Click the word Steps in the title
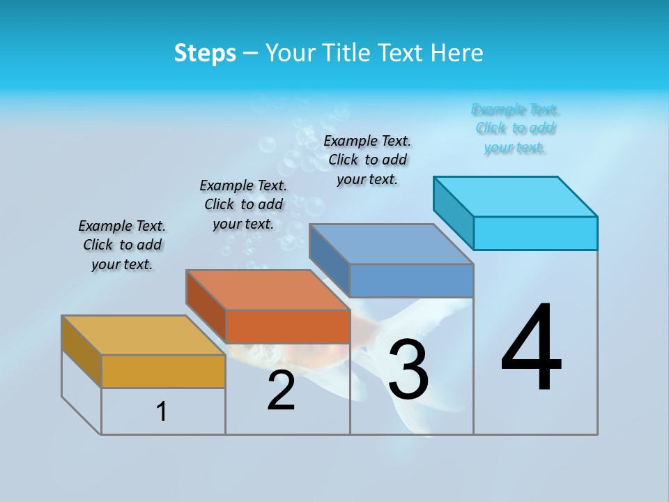click(x=205, y=53)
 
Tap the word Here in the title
click(x=458, y=53)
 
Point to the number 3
click(x=408, y=370)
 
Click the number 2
click(x=282, y=390)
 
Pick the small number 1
click(x=162, y=411)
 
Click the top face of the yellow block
click(x=143, y=335)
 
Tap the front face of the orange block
click(x=288, y=326)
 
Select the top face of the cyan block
click(x=516, y=197)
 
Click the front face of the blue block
click(x=411, y=280)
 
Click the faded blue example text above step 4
click(x=515, y=128)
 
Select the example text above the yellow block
click(x=122, y=245)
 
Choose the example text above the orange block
click(x=243, y=204)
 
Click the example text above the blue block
click(x=367, y=160)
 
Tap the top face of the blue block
click(x=391, y=244)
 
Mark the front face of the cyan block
click(x=535, y=233)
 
